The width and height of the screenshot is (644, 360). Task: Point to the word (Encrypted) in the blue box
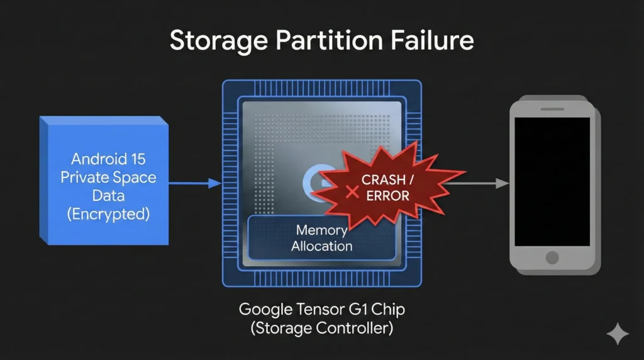point(108,214)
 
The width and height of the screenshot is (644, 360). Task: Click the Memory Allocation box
point(321,238)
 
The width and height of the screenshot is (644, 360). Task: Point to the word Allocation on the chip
point(321,246)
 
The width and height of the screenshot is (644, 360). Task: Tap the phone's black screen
point(552,181)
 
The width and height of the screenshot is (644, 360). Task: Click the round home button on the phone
point(552,258)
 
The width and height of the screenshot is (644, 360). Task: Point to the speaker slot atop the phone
point(552,108)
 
